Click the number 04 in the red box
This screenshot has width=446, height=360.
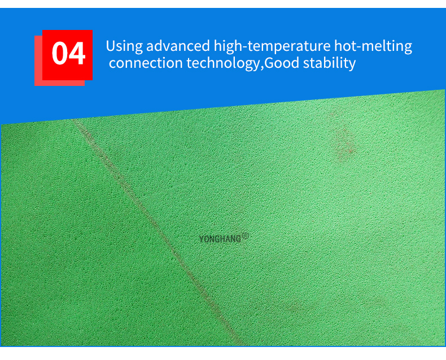pyautogui.click(x=68, y=54)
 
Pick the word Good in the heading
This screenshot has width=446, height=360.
pyautogui.click(x=282, y=63)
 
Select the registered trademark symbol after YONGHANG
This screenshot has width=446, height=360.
pyautogui.click(x=245, y=236)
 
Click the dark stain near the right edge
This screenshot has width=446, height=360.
pyautogui.click(x=343, y=142)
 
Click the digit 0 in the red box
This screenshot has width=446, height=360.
pyautogui.click(x=60, y=54)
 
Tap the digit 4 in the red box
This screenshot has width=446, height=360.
pyautogui.click(x=77, y=54)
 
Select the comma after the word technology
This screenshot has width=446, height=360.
pyautogui.click(x=261, y=66)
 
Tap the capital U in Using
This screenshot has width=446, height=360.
pyautogui.click(x=110, y=46)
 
